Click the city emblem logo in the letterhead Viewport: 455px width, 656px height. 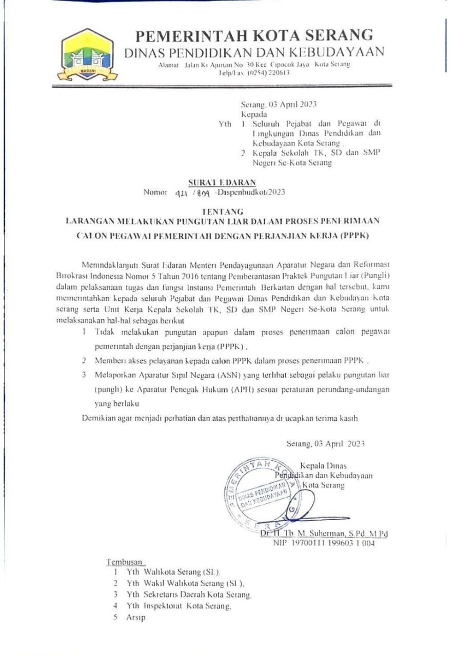tap(87, 56)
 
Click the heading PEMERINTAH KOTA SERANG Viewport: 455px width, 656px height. tap(254, 35)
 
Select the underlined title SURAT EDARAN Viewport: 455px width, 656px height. tap(222, 182)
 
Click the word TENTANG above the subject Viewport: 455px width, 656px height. tap(223, 211)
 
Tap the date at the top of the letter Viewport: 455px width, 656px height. tap(279, 105)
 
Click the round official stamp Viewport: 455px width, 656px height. tap(263, 493)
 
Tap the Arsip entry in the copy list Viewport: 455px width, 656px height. tap(136, 618)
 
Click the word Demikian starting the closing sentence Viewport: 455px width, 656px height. tap(99, 418)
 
